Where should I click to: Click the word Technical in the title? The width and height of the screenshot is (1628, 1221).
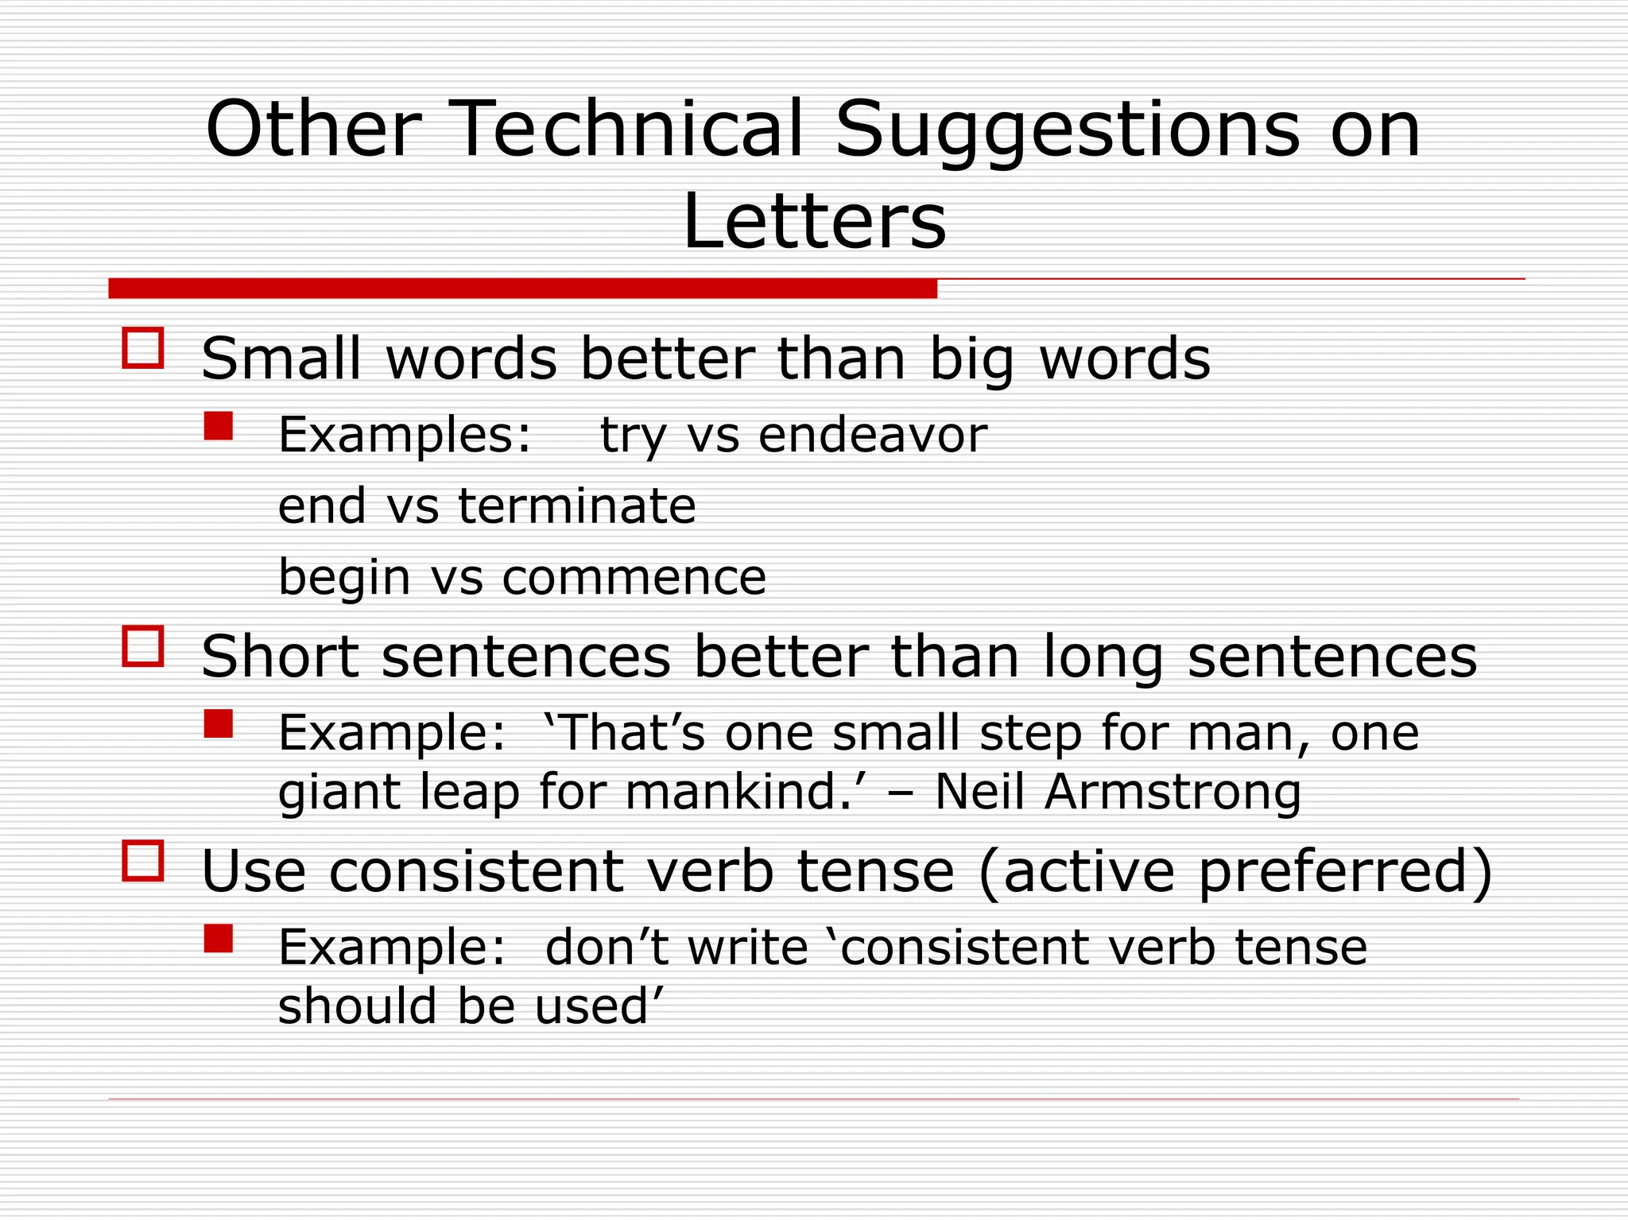coord(627,129)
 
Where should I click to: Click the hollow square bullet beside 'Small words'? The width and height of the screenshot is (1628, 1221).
coord(143,348)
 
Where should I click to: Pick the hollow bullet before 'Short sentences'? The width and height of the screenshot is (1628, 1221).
coord(143,646)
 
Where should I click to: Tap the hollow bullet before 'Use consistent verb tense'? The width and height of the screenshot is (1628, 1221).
coord(143,861)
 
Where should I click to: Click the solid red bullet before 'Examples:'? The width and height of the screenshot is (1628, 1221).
coord(218,426)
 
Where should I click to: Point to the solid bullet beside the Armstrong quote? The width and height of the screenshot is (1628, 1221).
coord(218,723)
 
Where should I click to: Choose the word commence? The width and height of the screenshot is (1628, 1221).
coord(634,577)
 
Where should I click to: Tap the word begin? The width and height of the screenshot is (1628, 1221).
coord(343,579)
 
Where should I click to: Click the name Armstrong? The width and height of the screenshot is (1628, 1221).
coord(1173,793)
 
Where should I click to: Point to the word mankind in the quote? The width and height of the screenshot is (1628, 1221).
coord(731,793)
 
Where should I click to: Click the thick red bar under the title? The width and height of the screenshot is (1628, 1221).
coord(522,288)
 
